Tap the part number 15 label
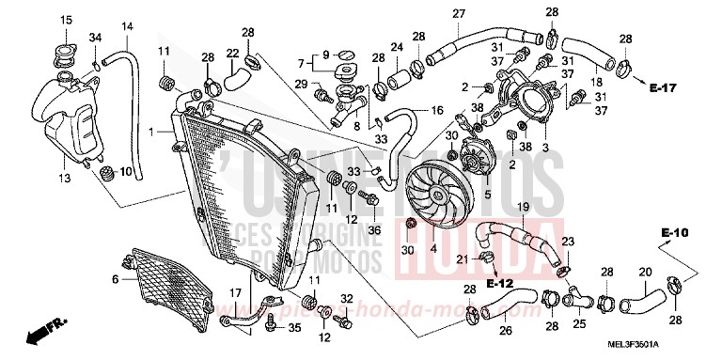(x=66, y=21)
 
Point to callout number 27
(x=459, y=13)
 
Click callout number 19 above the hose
(x=524, y=207)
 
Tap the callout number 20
(x=619, y=274)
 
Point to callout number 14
(x=128, y=25)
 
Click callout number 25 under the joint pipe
(x=580, y=325)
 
